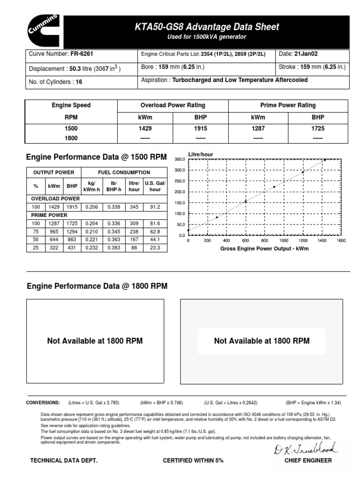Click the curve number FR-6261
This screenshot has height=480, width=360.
pos(80,54)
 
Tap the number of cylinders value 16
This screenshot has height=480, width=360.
pos(79,82)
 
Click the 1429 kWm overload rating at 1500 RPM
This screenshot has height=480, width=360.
pos(144,128)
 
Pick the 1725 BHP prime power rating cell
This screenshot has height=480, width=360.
pos(318,128)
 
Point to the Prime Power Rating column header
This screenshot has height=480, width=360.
pos(288,105)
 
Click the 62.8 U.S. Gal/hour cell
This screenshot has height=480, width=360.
pos(155,231)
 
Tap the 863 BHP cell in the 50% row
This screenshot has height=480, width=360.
pos(72,240)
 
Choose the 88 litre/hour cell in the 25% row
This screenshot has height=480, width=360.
pos(134,247)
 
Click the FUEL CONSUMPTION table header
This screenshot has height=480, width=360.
pos(124,172)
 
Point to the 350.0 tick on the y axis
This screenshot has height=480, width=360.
pos(180,160)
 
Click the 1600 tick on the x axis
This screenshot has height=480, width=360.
pos(341,240)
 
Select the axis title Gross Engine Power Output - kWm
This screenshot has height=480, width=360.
pos(264,249)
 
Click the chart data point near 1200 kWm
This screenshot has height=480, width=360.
pos(303,172)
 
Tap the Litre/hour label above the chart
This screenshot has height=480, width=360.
pos(200,154)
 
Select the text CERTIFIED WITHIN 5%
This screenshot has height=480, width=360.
pos(193,461)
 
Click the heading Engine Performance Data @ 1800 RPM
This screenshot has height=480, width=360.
pos(97,286)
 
